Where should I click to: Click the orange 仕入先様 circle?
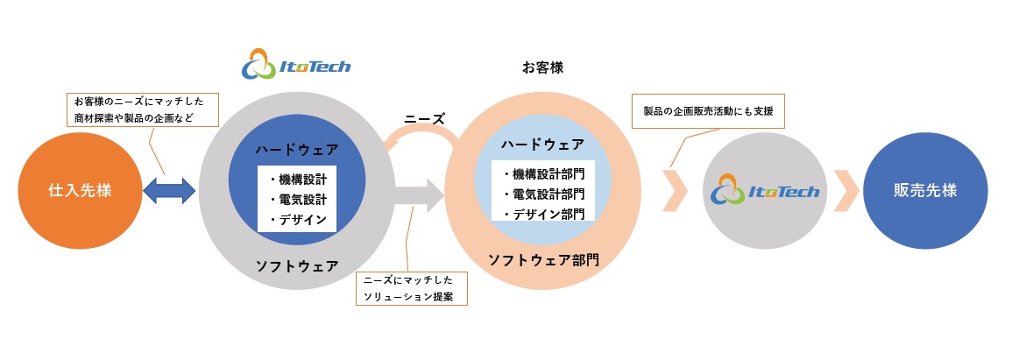point(80,191)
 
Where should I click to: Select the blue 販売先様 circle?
point(925,191)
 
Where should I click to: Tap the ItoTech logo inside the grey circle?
point(766,191)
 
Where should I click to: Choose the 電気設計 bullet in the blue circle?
point(298,200)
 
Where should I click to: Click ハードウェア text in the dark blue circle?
point(298,150)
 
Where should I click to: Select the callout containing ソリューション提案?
point(412,288)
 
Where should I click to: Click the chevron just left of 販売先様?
point(846,191)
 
